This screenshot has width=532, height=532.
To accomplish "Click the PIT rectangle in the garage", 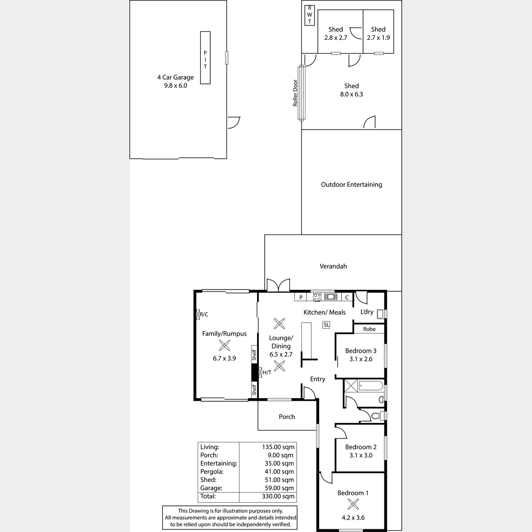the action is [205, 58].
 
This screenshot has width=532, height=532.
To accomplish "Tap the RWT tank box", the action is [309, 16].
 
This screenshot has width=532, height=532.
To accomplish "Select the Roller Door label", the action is [295, 93].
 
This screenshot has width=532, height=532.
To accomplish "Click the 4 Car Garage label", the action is [176, 77].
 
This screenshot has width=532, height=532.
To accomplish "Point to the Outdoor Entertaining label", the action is [352, 184].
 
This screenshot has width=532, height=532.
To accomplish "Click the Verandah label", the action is [333, 266].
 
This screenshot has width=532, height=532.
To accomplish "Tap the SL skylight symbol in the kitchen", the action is [326, 325].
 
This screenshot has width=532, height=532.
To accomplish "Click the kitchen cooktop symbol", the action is [317, 297].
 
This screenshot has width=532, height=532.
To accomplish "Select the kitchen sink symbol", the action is [331, 297].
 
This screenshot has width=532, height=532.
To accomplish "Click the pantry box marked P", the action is [301, 297].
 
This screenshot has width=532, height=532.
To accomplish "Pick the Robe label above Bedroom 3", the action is [369, 329].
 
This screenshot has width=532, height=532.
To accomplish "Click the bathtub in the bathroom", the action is [371, 386].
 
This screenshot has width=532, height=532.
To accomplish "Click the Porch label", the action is [287, 417].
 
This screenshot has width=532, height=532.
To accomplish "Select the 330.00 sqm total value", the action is [278, 496].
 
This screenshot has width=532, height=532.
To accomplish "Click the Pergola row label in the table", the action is [212, 472].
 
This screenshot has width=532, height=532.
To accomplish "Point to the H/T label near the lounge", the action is [267, 372].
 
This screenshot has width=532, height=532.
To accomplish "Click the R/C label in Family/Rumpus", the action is [204, 314].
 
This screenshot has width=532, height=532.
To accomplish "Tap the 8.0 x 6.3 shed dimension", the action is [352, 94].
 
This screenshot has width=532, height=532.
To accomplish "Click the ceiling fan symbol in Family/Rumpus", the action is [224, 345].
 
